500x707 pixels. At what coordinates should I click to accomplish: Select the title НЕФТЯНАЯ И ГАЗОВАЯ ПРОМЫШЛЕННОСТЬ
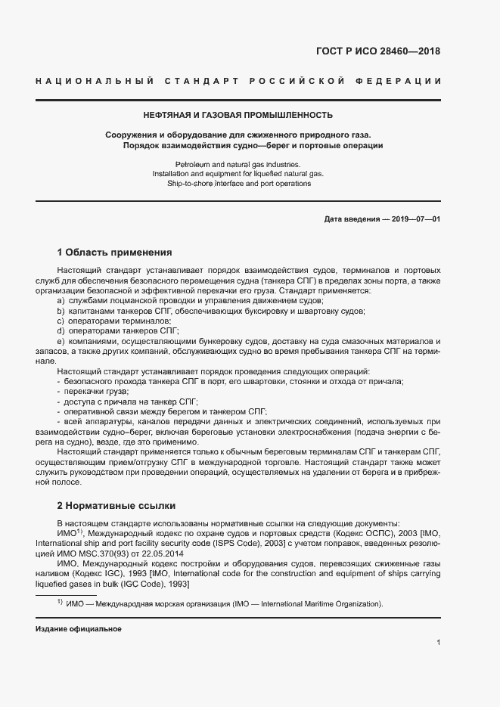coord(238,115)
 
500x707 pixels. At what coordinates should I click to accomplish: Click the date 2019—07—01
coord(415,219)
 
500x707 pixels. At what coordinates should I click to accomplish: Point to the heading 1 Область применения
coord(115,252)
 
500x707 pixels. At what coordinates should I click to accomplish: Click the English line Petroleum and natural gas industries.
coord(238,164)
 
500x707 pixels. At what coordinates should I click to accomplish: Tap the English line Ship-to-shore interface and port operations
coord(238,184)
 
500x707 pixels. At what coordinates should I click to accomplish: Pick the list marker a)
coord(61,300)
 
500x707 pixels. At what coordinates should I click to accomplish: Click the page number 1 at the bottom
coord(439,642)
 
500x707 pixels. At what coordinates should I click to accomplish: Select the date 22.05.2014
coord(165,552)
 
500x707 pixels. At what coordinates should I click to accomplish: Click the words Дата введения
coord(350,219)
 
